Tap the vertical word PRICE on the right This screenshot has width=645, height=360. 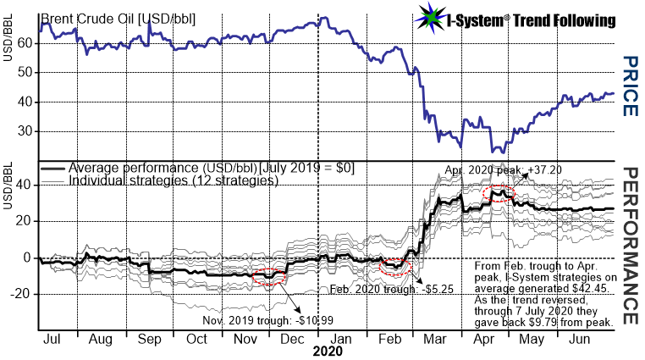pyautogui.click(x=627, y=86)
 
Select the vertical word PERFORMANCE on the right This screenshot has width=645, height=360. pyautogui.click(x=627, y=245)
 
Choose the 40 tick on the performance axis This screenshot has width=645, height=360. pyautogui.click(x=25, y=184)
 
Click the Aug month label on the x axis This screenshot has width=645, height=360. pyautogui.click(x=102, y=337)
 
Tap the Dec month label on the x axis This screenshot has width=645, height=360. pyautogui.click(x=293, y=337)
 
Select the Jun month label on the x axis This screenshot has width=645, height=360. pyautogui.click(x=579, y=337)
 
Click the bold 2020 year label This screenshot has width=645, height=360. pyautogui.click(x=328, y=350)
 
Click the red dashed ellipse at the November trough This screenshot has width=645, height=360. pyautogui.click(x=269, y=278)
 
